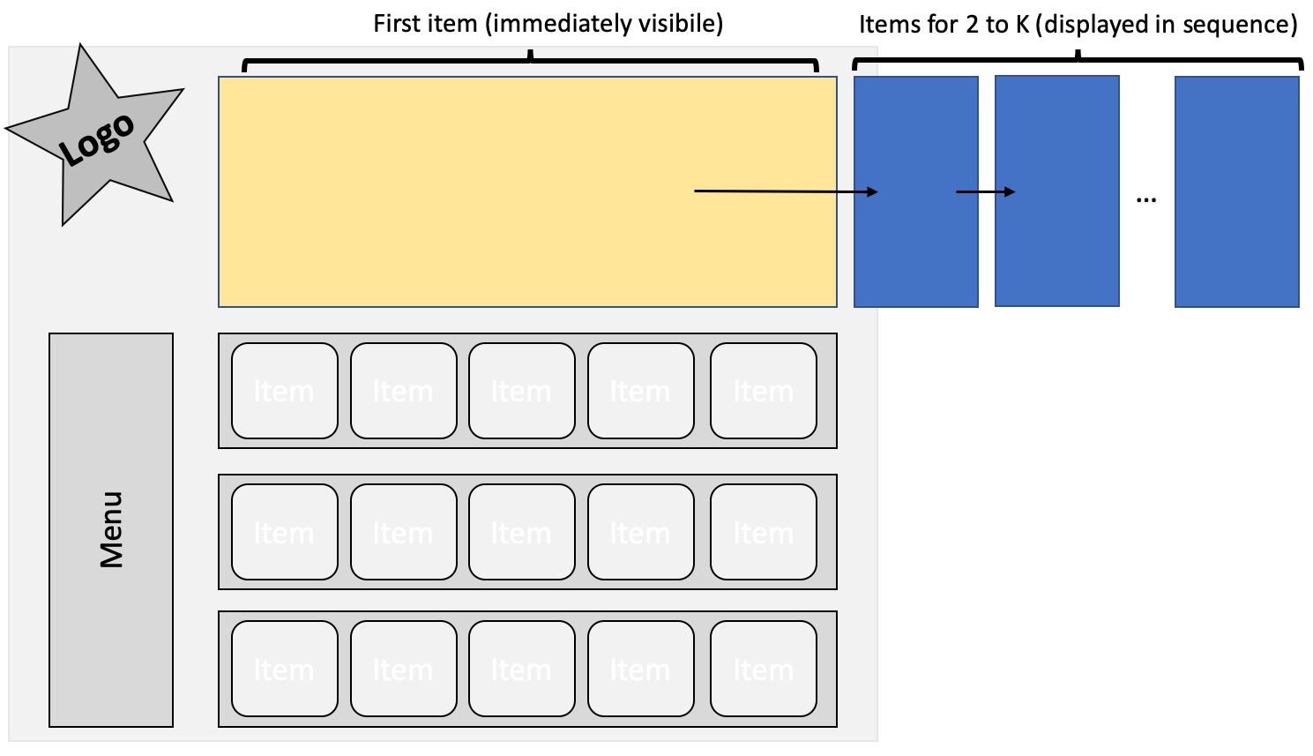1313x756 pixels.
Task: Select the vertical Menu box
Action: [x=111, y=529]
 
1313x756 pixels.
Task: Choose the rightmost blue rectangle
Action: [x=1236, y=191]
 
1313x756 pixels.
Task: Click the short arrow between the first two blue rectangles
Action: [x=986, y=191]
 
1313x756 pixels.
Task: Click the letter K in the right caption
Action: [x=1023, y=25]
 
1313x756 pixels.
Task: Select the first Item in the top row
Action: [x=285, y=391]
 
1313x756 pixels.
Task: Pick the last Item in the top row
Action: [x=764, y=391]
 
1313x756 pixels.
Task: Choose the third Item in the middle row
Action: [x=522, y=532]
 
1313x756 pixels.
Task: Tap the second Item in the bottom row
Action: [x=404, y=669]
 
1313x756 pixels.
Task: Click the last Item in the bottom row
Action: [x=764, y=669]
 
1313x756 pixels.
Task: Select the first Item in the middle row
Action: [x=285, y=532]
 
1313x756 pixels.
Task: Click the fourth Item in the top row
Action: [x=641, y=391]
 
